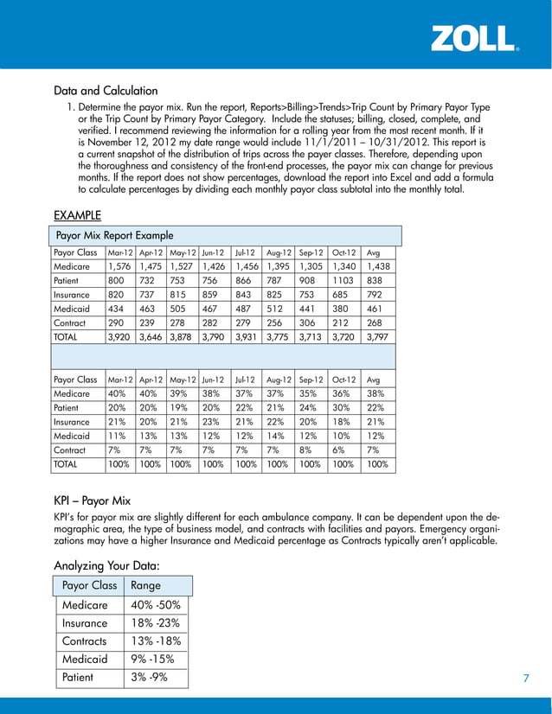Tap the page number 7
click(525, 678)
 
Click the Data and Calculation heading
click(106, 90)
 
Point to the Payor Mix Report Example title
click(114, 235)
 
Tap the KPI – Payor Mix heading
click(92, 500)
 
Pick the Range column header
click(145, 585)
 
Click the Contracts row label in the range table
click(85, 641)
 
